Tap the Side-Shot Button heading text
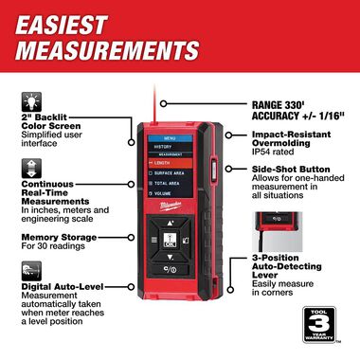289,170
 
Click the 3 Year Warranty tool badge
323,329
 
